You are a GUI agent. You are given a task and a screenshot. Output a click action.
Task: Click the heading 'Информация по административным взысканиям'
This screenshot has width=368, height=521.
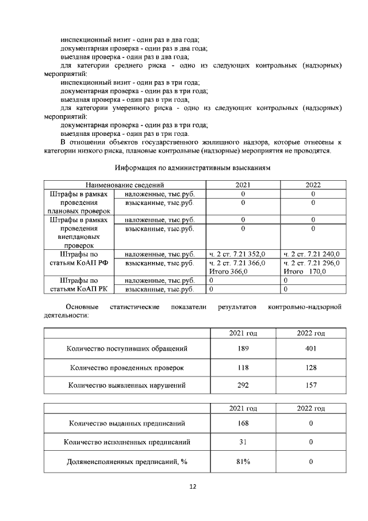coord(192,168)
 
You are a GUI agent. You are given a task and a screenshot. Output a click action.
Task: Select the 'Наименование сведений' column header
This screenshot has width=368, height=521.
coord(125,185)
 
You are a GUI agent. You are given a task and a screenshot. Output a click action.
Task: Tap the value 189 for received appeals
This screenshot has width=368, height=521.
coord(243,348)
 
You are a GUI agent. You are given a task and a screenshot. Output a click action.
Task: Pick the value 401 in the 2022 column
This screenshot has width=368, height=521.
coord(310,348)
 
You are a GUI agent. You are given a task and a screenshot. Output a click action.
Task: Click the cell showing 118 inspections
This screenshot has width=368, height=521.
coord(243,367)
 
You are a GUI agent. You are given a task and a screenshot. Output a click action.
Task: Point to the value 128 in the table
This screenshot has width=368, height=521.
coord(310,367)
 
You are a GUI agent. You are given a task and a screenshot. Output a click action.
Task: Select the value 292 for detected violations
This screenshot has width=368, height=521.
coord(243,385)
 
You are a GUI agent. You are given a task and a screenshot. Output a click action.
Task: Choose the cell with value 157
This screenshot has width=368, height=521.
coord(310,385)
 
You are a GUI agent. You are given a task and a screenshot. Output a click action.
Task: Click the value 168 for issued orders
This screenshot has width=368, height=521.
coord(243,423)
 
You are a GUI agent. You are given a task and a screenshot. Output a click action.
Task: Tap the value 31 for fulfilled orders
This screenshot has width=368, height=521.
coord(243,442)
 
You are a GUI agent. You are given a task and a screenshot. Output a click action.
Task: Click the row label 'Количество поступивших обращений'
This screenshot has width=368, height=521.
coord(127,348)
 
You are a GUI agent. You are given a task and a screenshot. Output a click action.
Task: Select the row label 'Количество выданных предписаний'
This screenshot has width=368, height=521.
coord(127,423)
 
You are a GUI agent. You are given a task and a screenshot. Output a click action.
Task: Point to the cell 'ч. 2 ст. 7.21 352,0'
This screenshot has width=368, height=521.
coord(237,254)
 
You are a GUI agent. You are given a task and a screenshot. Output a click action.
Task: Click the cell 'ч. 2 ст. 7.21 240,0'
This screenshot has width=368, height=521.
coord(311,254)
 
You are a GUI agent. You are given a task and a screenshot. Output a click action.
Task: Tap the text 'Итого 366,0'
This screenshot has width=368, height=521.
coord(228,272)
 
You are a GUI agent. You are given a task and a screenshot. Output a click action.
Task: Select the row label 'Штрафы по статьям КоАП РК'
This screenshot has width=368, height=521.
coord(80,285)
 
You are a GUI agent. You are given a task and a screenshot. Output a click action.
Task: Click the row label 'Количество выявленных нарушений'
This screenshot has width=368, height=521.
coord(127,385)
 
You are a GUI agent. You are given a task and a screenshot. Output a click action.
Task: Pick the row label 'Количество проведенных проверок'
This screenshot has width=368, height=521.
coord(127,367)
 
